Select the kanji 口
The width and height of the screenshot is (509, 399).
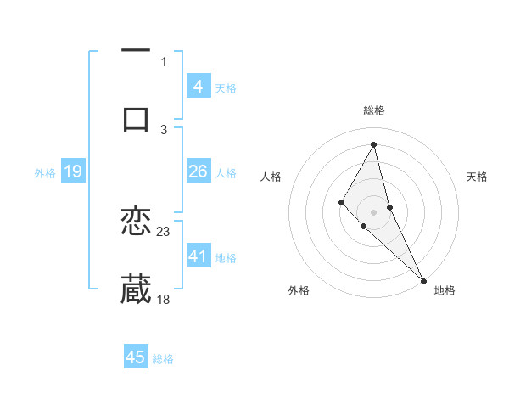(x=136, y=118)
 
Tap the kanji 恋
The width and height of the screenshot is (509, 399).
(x=136, y=222)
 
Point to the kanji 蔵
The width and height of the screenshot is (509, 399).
(x=136, y=289)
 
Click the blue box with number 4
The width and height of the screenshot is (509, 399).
(x=198, y=86)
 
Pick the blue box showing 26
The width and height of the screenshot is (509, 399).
(x=198, y=171)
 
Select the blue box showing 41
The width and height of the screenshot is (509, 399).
(x=198, y=256)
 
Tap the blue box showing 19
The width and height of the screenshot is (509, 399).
(x=72, y=172)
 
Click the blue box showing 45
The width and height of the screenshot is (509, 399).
(x=136, y=357)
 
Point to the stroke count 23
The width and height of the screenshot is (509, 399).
(x=164, y=231)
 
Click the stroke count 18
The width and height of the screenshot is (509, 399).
(x=164, y=299)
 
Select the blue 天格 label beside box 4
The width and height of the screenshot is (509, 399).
(x=226, y=87)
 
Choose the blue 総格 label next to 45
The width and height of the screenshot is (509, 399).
(x=163, y=359)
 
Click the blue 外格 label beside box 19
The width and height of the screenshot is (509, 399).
(x=45, y=173)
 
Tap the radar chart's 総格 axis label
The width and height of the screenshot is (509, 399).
(x=373, y=110)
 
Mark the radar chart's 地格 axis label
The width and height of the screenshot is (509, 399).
(x=445, y=290)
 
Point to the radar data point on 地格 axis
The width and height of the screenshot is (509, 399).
(x=423, y=280)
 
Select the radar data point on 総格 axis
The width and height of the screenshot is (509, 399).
(x=373, y=143)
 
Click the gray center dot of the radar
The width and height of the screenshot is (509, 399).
(x=373, y=211)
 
